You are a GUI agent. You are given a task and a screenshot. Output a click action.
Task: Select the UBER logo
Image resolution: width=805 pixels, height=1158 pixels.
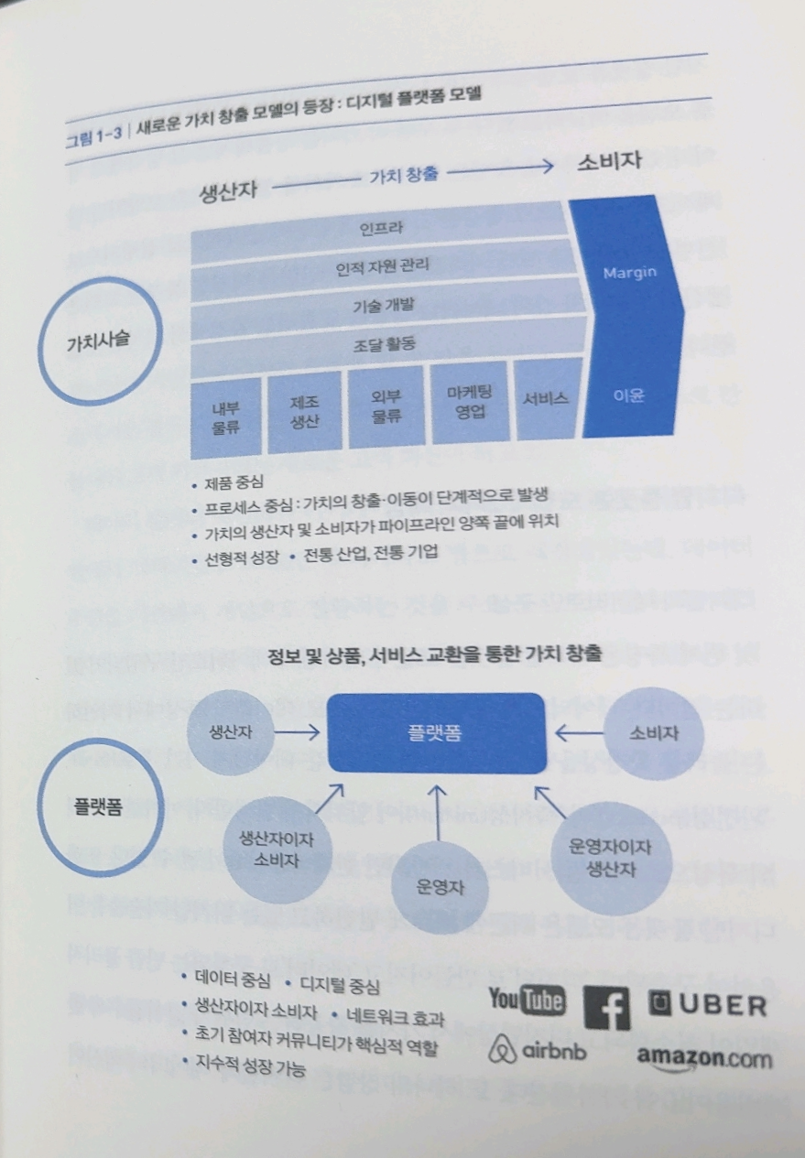tap(706, 1005)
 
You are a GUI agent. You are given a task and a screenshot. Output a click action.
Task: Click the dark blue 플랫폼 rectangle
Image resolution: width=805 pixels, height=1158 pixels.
tap(436, 733)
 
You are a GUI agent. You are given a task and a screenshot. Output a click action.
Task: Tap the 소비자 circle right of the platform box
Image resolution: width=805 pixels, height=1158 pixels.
tap(653, 733)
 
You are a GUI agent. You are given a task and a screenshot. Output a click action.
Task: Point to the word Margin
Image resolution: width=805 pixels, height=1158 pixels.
tap(628, 273)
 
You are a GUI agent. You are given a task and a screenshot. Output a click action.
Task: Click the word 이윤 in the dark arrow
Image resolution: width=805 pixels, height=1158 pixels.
tap(629, 396)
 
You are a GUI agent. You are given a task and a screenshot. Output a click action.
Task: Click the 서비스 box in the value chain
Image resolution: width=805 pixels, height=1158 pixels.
tap(546, 399)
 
